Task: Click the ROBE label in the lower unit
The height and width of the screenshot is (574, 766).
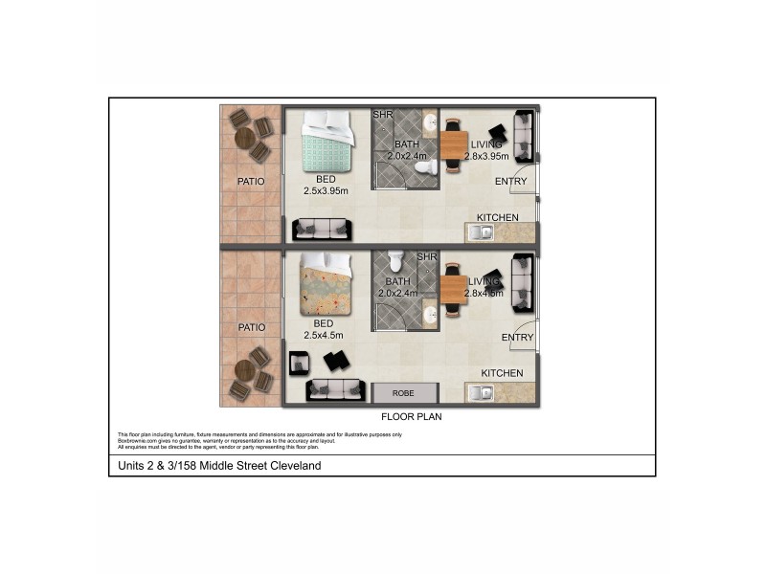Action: click(x=405, y=392)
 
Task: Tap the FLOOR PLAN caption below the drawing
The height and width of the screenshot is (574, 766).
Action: click(x=411, y=416)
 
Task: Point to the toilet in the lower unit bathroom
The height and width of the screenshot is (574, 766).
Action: click(x=396, y=261)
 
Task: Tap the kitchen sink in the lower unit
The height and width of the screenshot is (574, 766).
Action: click(x=480, y=390)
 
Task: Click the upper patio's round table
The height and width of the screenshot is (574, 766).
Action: click(x=245, y=138)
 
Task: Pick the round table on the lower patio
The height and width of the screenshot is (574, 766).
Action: click(x=245, y=373)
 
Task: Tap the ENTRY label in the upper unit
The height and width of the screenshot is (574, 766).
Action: click(x=510, y=181)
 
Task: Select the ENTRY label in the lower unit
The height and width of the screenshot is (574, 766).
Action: click(x=517, y=337)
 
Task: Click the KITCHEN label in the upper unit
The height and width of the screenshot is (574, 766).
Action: click(x=498, y=217)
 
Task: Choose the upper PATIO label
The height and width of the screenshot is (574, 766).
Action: click(x=251, y=181)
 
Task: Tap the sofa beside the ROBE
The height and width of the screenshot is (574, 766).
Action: click(x=336, y=390)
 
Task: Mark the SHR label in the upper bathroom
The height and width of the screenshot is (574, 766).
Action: click(x=381, y=116)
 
